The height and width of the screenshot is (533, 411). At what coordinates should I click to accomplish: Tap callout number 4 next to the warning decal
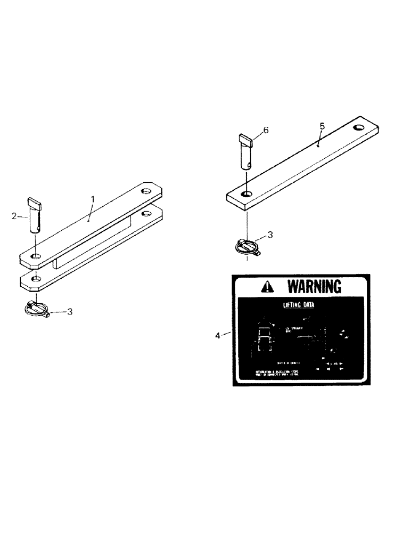pyautogui.click(x=217, y=335)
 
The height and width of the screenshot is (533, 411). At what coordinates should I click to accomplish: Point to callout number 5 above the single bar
pyautogui.click(x=322, y=126)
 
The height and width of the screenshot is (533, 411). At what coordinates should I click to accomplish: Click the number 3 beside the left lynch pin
pyautogui.click(x=69, y=311)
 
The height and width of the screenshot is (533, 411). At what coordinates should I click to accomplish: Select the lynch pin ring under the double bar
pyautogui.click(x=36, y=308)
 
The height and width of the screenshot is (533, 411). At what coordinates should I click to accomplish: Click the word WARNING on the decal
pyautogui.click(x=314, y=287)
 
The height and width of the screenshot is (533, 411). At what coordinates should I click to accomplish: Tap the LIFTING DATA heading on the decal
pyautogui.click(x=298, y=305)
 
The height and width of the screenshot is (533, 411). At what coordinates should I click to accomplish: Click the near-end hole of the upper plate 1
pyautogui.click(x=35, y=257)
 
